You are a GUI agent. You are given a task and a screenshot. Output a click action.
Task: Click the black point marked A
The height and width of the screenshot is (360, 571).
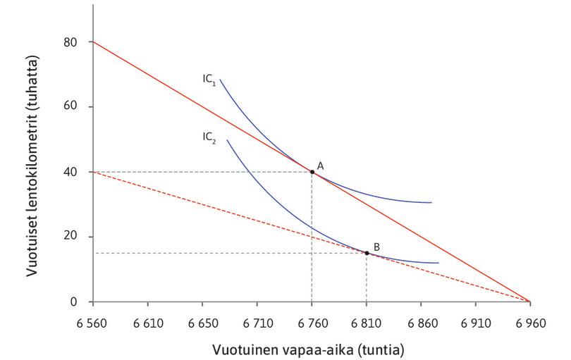pos(312,172)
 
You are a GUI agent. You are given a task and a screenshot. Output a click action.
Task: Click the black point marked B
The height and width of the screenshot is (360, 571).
pos(367,253)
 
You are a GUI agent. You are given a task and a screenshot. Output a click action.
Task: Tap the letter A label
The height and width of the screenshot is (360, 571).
pos(320,165)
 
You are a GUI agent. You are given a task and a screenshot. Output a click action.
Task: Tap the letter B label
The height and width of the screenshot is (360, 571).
pos(376,247)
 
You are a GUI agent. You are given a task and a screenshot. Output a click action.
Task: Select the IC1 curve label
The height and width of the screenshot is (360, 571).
pos(209,80)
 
